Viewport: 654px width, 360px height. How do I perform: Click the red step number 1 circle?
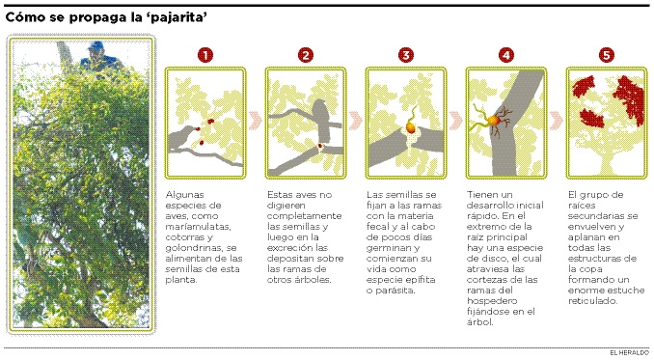[x=205, y=55]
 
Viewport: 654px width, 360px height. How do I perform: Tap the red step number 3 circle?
[x=406, y=55]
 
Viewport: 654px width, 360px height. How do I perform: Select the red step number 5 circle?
[x=607, y=55]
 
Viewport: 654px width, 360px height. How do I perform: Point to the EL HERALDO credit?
[x=629, y=353]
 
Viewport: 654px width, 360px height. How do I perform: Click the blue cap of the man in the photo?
[x=96, y=45]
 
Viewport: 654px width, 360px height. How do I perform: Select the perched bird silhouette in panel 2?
[x=321, y=120]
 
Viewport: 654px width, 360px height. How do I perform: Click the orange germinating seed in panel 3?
[x=410, y=126]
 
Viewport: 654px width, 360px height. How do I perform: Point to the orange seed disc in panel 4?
[x=494, y=120]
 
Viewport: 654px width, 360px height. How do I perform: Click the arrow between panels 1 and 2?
[x=256, y=121]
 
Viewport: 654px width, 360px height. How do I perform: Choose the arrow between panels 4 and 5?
[x=557, y=121]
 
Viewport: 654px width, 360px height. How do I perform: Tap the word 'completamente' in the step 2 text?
[x=304, y=216]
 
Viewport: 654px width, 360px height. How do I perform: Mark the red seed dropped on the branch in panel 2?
[x=320, y=146]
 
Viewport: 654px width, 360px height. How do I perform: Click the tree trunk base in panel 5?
[x=606, y=165]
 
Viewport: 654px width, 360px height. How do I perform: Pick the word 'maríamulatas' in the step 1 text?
[x=198, y=227]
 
